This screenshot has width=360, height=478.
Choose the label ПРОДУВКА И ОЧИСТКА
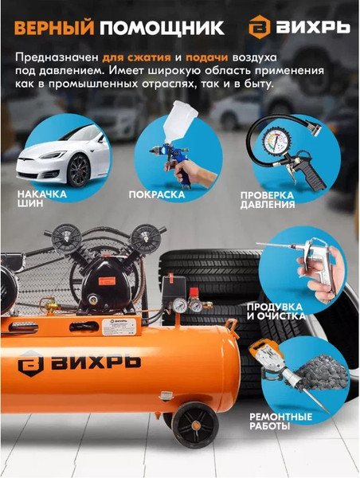(276, 310)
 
